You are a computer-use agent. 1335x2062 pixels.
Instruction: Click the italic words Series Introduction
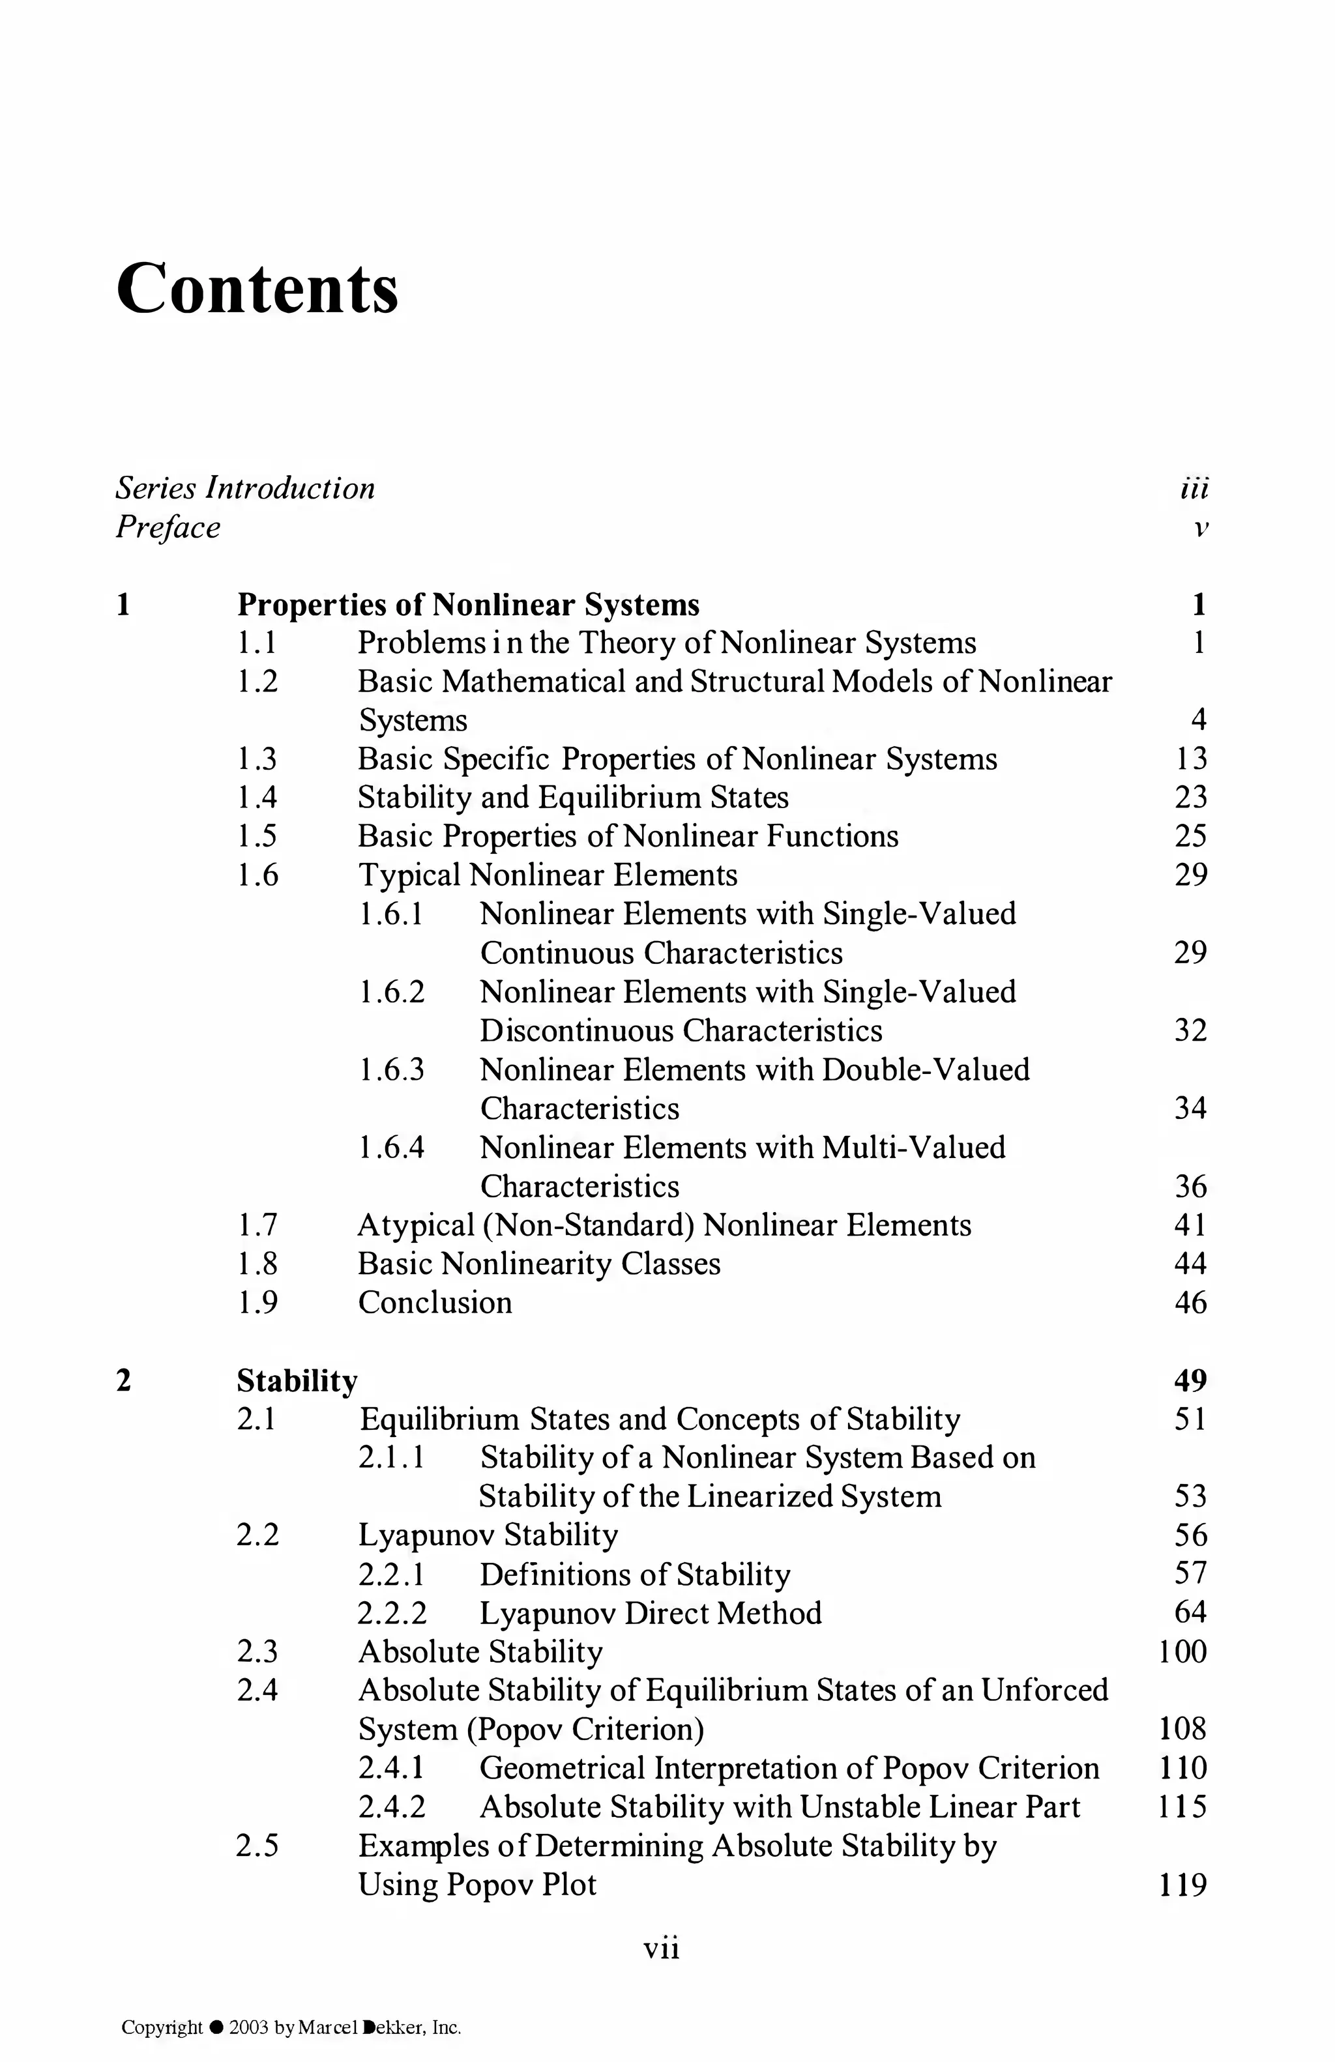pos(245,489)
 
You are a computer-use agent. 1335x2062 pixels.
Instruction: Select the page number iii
pos(1194,489)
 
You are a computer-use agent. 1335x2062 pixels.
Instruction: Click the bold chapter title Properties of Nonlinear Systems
pos(468,604)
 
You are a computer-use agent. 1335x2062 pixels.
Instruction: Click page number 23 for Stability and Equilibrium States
pos(1190,797)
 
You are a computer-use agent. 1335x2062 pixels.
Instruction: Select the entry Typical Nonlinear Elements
pos(548,875)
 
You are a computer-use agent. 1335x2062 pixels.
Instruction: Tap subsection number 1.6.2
pos(392,992)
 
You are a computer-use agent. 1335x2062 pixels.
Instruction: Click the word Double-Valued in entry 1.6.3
pos(925,1070)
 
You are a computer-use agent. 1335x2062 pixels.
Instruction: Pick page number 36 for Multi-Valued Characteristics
pos(1190,1186)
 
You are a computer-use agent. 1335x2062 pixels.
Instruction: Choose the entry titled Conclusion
pos(435,1302)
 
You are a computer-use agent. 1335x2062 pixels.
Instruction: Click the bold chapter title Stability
pos(297,1380)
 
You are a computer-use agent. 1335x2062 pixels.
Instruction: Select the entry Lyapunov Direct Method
pos(650,1613)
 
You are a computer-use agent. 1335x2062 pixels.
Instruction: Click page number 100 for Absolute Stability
pos(1182,1651)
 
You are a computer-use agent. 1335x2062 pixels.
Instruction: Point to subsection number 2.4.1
pos(392,1768)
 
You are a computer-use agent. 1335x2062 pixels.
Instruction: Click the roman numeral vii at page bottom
pos(661,1949)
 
